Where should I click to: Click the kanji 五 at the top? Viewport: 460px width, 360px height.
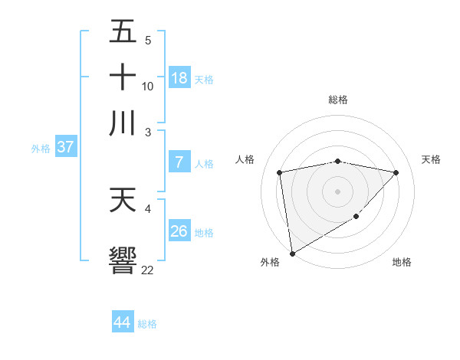click(123, 32)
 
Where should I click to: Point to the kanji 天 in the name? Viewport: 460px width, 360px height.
click(123, 200)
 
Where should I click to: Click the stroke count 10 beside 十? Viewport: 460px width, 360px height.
click(148, 86)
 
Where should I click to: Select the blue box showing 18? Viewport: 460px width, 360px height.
click(179, 77)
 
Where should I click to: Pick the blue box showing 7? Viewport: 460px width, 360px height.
click(179, 162)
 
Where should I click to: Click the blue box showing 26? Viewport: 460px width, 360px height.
click(179, 231)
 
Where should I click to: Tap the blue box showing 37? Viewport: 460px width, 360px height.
click(65, 147)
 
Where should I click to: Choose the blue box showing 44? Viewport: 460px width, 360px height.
click(122, 322)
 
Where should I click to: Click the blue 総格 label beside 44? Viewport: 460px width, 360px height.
click(147, 324)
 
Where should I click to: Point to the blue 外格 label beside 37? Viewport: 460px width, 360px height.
click(41, 149)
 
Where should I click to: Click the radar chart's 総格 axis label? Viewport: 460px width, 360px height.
click(338, 100)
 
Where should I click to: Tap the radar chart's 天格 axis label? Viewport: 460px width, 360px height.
click(431, 159)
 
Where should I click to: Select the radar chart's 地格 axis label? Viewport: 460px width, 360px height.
click(402, 262)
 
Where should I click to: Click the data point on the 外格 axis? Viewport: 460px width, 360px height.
click(292, 253)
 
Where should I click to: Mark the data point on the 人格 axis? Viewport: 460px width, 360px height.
click(280, 172)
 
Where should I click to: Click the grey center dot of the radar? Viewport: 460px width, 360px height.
click(338, 190)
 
